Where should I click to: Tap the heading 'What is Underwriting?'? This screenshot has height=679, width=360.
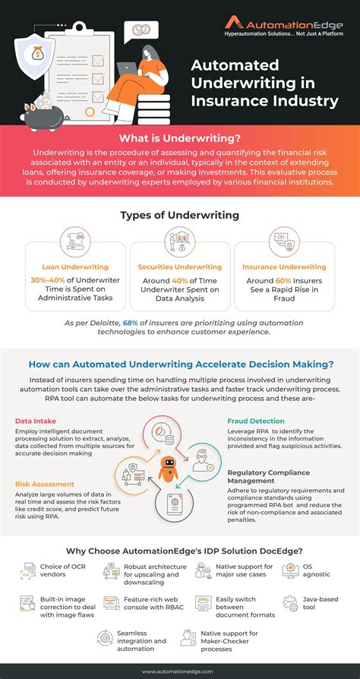180,139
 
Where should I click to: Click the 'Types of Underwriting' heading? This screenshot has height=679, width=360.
179,216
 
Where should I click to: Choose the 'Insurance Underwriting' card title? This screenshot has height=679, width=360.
283,267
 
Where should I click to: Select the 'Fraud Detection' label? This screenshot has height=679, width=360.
256,421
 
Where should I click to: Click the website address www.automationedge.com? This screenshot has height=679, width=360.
180,671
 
